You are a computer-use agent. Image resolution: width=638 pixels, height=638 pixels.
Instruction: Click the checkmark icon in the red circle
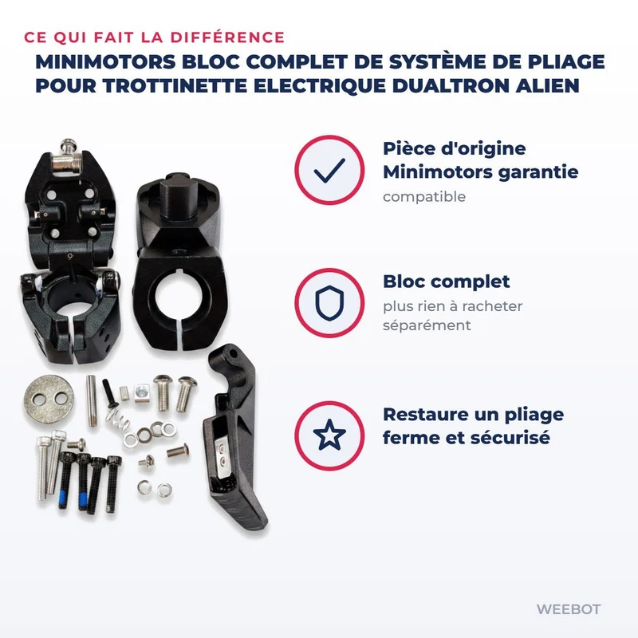tap(329, 170)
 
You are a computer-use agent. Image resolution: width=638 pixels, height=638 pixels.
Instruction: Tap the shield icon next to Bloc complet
tap(329, 303)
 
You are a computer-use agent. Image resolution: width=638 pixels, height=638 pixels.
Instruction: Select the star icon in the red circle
tap(329, 435)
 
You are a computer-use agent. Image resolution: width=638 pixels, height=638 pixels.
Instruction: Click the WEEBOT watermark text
tap(569, 609)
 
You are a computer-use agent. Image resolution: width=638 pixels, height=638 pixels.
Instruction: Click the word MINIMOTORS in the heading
tap(106, 62)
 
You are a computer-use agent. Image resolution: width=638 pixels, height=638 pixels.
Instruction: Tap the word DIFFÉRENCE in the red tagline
tap(227, 37)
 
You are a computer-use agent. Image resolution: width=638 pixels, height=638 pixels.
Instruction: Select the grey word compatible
tap(424, 197)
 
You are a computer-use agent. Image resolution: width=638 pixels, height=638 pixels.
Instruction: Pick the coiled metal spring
tap(116, 419)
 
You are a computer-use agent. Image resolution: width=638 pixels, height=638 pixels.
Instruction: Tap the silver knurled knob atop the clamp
tap(69, 156)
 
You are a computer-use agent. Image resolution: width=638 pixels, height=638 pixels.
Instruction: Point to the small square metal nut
tap(143, 392)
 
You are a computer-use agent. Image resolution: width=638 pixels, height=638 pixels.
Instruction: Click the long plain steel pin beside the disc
tap(92, 401)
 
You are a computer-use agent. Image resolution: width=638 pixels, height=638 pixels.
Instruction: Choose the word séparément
tap(427, 325)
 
